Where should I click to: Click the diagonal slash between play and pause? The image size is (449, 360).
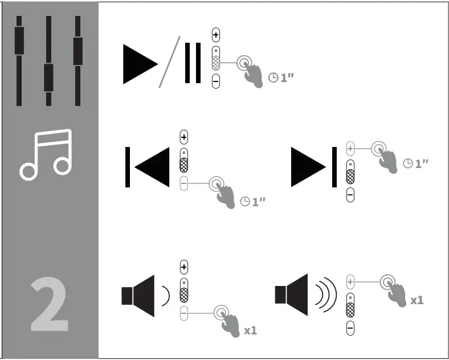pyautogui.click(x=169, y=62)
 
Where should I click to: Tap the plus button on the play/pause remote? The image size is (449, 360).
pyautogui.click(x=215, y=35)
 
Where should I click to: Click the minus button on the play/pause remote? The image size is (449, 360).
pyautogui.click(x=215, y=81)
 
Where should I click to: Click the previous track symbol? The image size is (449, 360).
pyautogui.click(x=148, y=167)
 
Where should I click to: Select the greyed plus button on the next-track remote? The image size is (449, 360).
pyautogui.click(x=350, y=149)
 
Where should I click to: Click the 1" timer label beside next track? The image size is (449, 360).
pyautogui.click(x=416, y=163)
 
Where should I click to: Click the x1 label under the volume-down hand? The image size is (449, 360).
pyautogui.click(x=251, y=330)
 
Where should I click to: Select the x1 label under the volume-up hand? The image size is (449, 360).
pyautogui.click(x=417, y=300)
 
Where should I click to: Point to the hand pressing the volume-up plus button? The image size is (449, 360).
pyautogui.click(x=393, y=288)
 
